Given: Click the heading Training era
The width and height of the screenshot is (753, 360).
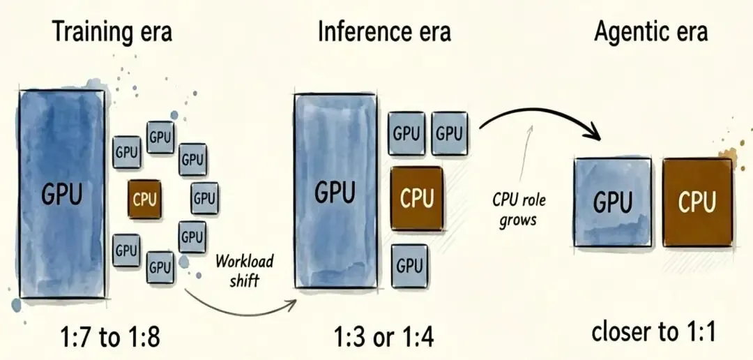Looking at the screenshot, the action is [x=112, y=32].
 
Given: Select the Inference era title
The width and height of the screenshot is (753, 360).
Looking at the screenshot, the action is [x=384, y=32].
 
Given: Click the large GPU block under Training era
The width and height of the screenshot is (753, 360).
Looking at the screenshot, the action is [x=62, y=194].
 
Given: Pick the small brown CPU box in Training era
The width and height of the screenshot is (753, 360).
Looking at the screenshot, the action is [x=144, y=199].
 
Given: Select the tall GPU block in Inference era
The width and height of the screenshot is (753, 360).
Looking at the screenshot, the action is [x=335, y=191].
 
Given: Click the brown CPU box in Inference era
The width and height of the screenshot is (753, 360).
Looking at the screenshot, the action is [x=416, y=199].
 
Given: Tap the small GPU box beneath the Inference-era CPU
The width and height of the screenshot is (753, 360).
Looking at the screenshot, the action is [x=410, y=265].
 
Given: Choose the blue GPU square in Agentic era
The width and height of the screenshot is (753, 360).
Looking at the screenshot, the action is [x=613, y=202].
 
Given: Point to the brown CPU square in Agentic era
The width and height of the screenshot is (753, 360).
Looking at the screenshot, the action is [x=697, y=202].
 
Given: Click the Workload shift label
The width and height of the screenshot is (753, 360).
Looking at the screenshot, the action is [x=245, y=271].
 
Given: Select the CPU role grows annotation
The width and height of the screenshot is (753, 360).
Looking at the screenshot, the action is [x=518, y=209].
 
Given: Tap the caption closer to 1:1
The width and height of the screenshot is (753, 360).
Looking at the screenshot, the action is [x=653, y=331].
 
